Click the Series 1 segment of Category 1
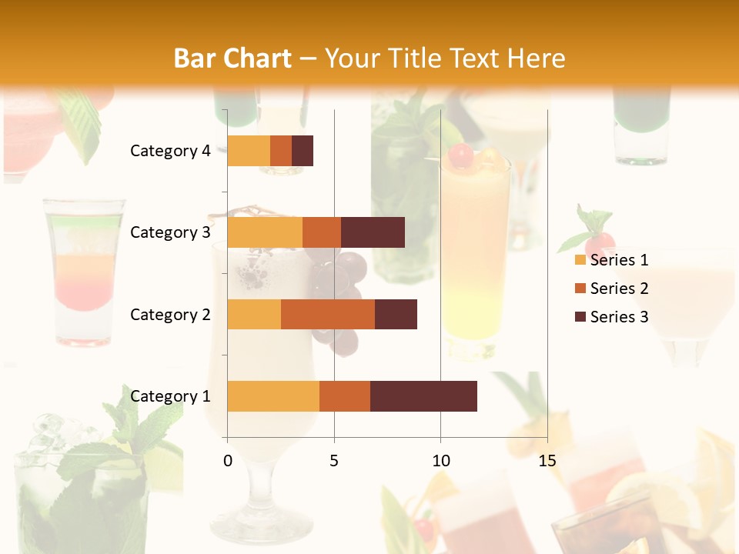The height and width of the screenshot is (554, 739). [273, 396]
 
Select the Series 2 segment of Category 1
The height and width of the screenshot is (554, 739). [345, 396]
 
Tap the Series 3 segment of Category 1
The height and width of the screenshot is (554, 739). [423, 396]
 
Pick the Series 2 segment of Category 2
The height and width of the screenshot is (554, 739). [328, 314]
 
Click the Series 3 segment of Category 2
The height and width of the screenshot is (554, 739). [396, 314]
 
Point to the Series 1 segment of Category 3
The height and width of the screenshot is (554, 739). [265, 232]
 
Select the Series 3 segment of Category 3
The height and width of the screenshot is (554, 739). [373, 232]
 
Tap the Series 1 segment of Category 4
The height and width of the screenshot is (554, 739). [249, 151]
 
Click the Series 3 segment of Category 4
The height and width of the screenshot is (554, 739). [303, 151]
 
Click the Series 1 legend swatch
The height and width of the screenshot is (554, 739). [580, 260]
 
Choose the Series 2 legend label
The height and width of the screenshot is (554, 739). [619, 289]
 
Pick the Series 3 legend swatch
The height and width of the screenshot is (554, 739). [580, 317]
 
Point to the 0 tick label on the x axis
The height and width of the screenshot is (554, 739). [228, 460]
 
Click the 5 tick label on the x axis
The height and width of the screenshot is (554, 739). [334, 460]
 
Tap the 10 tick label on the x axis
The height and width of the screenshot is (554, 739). [440, 460]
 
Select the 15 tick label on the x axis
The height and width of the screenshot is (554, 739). [547, 460]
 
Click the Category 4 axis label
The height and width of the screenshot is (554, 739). [170, 151]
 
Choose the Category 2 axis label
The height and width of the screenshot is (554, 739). [170, 314]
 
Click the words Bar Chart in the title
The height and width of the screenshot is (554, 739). [232, 58]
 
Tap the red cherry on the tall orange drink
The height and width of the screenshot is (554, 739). [460, 155]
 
